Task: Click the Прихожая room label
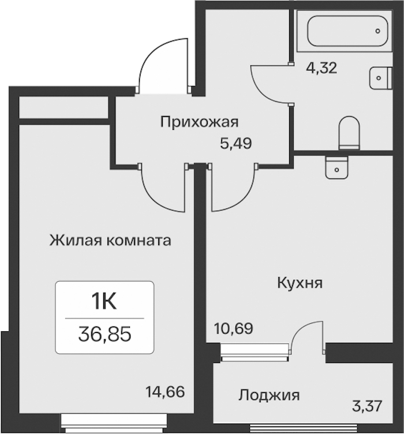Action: [199, 122]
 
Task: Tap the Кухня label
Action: [300, 283]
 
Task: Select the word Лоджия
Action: [269, 395]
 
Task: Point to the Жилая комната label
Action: [110, 240]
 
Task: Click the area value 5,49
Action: [235, 143]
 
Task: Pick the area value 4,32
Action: [321, 68]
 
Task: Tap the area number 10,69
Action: [234, 328]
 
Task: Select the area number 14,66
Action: [165, 392]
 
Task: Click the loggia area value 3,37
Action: [368, 406]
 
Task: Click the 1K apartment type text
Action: [104, 302]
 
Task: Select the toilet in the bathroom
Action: [349, 133]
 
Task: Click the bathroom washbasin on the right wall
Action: [381, 78]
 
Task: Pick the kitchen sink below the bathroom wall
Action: [337, 168]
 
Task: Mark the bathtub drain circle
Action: [377, 31]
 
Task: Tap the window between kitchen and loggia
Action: [255, 353]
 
